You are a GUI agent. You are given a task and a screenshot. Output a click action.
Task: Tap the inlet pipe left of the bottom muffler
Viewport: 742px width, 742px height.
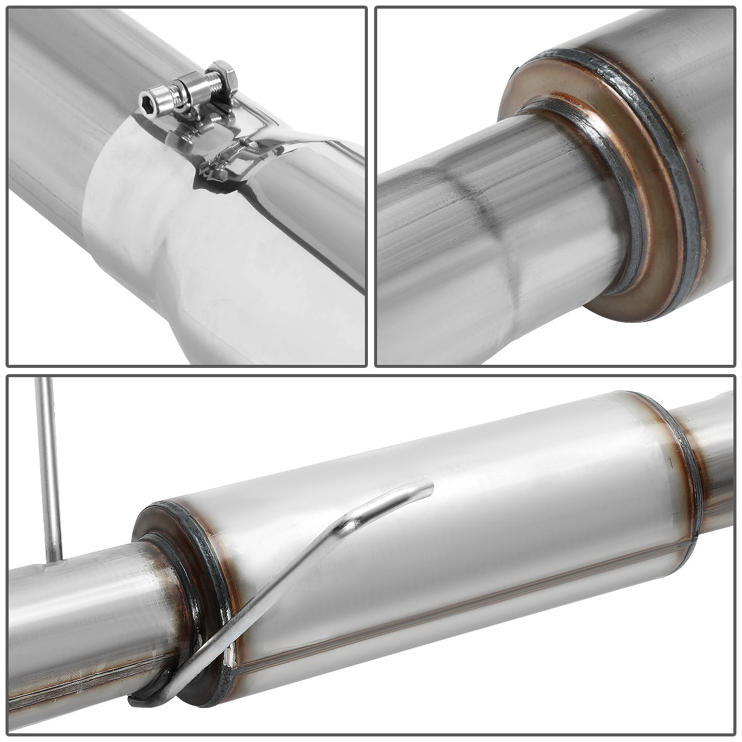(x=74, y=618)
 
